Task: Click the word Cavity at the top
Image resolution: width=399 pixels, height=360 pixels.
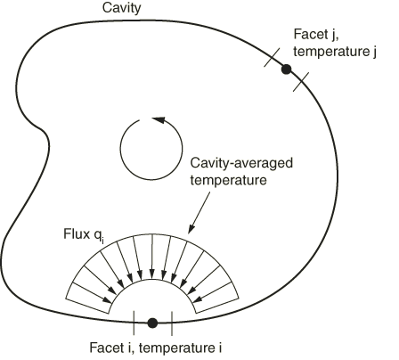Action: [x=121, y=8]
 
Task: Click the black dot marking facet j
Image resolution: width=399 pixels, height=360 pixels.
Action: [x=286, y=70]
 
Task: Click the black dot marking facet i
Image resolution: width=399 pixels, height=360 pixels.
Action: [x=152, y=323]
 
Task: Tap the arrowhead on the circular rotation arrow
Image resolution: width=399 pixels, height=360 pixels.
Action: [x=158, y=120]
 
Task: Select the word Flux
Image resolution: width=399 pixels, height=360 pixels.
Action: [x=77, y=234]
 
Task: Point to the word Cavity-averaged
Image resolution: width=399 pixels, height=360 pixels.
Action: [x=241, y=163]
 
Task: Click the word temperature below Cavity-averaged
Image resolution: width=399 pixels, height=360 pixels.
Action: [x=228, y=180]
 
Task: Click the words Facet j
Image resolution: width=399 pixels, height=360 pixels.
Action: [x=316, y=35]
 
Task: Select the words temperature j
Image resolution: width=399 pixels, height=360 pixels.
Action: [x=335, y=52]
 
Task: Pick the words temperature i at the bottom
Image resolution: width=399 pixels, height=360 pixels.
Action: [x=180, y=348]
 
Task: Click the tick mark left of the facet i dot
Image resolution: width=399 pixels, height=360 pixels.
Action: [x=134, y=323]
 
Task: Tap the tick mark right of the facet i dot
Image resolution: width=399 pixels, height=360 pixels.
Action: [x=172, y=323]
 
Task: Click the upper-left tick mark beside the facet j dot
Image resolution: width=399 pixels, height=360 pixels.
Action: [x=272, y=58]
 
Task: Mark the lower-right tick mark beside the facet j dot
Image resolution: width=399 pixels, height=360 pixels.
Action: [x=301, y=82]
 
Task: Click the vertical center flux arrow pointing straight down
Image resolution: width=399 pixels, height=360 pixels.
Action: [x=152, y=257]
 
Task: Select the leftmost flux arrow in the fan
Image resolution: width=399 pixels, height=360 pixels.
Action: [x=92, y=293]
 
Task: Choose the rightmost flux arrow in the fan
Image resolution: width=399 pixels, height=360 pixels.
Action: [x=212, y=292]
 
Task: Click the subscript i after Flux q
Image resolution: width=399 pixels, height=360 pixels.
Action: [x=102, y=240]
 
